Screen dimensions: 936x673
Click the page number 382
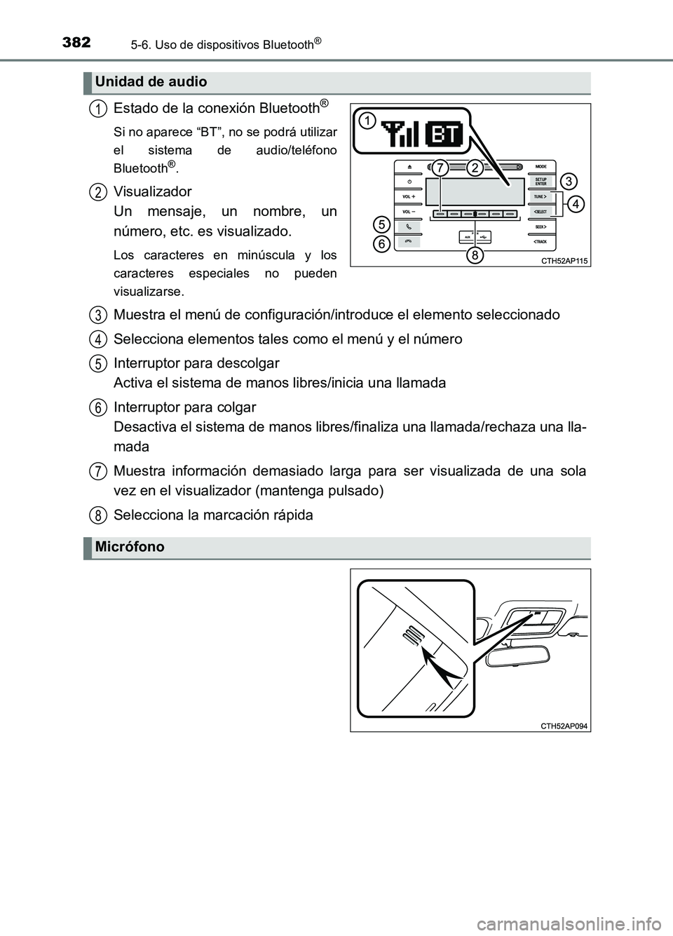click(x=76, y=22)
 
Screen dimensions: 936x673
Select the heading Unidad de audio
click(x=151, y=82)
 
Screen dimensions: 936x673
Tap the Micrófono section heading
click(x=130, y=547)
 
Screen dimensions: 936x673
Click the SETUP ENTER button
click(x=541, y=182)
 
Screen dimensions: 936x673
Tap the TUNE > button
click(x=541, y=197)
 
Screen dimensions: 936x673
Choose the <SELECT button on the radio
click(x=541, y=212)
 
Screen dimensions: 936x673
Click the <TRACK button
click(x=541, y=241)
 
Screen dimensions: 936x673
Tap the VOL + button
click(x=409, y=197)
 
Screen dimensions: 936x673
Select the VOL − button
click(x=409, y=212)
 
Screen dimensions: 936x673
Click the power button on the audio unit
click(x=409, y=182)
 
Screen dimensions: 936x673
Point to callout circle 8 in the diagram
click(x=475, y=255)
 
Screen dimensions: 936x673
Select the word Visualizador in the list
click(x=152, y=191)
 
